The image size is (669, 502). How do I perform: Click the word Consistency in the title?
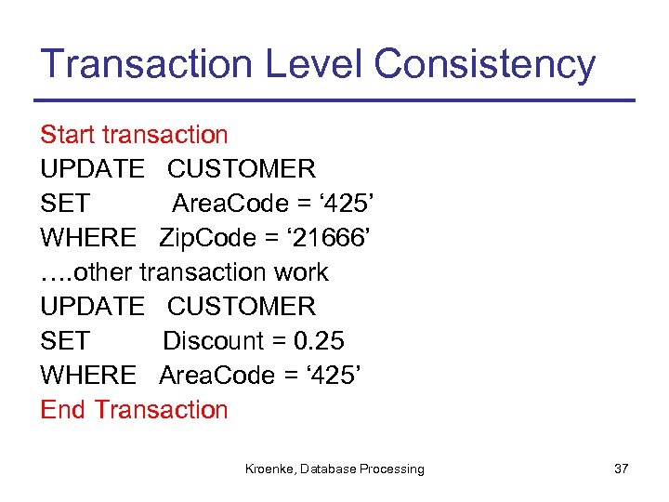(484, 64)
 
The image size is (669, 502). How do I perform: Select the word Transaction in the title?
(147, 64)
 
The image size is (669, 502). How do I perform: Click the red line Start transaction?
(134, 135)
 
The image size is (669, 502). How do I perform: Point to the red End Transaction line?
(134, 410)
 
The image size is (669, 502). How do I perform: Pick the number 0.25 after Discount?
(319, 341)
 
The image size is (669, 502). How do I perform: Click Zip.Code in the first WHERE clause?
(207, 238)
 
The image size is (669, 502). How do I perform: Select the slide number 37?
(622, 469)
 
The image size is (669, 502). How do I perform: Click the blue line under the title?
(334, 100)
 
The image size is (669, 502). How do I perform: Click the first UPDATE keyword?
(92, 169)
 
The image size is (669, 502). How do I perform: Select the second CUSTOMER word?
(242, 307)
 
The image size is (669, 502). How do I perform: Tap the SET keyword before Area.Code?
(65, 204)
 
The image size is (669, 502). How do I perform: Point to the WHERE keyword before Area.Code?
(88, 376)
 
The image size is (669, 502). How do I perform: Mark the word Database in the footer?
(329, 469)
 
